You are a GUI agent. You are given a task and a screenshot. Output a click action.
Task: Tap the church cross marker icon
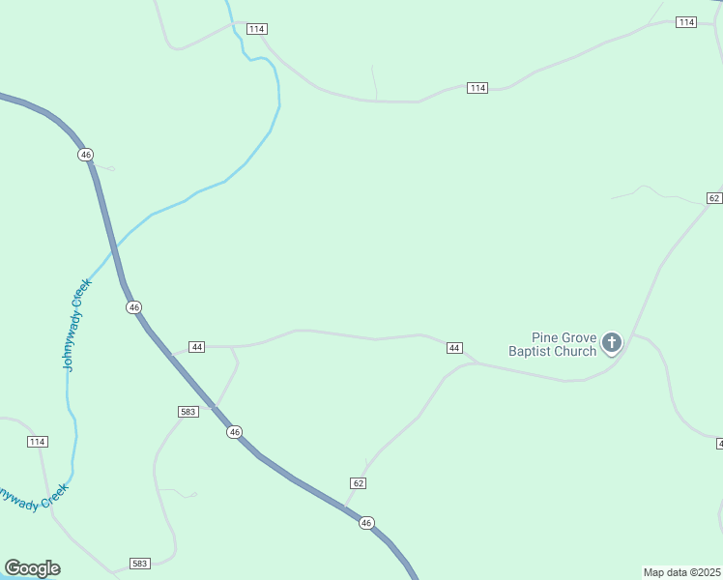[x=612, y=342]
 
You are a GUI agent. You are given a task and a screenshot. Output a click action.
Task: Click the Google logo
[x=32, y=568]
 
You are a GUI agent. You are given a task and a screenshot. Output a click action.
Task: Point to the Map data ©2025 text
[x=681, y=572]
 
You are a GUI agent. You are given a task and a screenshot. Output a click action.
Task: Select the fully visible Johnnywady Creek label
[x=75, y=325]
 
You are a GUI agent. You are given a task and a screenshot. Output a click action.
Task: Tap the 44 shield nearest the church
[x=454, y=347]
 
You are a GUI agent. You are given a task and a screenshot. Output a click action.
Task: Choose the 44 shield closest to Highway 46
[x=197, y=346]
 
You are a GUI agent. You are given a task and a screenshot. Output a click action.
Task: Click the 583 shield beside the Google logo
[x=140, y=563]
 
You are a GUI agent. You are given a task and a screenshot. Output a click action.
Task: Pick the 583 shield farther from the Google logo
[x=188, y=411]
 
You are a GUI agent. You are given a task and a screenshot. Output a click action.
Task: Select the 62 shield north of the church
[x=713, y=197]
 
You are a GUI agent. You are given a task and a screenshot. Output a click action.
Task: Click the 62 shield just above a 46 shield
[x=358, y=482]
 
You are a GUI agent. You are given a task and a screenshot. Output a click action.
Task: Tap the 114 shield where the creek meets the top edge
[x=255, y=29]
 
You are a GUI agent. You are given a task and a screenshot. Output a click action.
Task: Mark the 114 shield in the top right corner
[x=686, y=22]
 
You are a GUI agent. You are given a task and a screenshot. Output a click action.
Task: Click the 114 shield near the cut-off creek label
[x=37, y=442]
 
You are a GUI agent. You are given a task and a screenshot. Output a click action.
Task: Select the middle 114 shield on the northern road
[x=477, y=88]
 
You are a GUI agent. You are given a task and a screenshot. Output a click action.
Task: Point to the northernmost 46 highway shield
[x=86, y=155]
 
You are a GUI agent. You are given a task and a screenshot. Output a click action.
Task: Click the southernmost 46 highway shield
[x=365, y=523]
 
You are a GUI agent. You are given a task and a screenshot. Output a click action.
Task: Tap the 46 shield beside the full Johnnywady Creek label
[x=133, y=307]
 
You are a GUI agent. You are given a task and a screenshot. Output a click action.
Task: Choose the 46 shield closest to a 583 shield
[x=234, y=432]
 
